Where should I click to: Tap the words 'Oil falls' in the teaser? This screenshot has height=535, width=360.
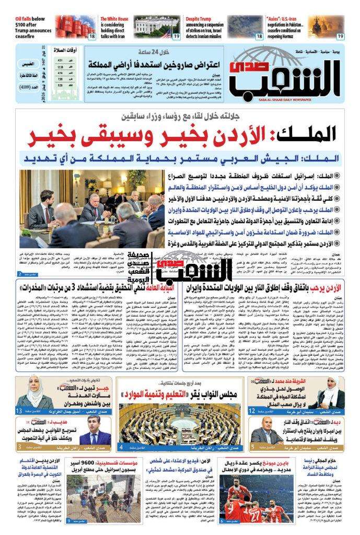[x=26, y=19]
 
